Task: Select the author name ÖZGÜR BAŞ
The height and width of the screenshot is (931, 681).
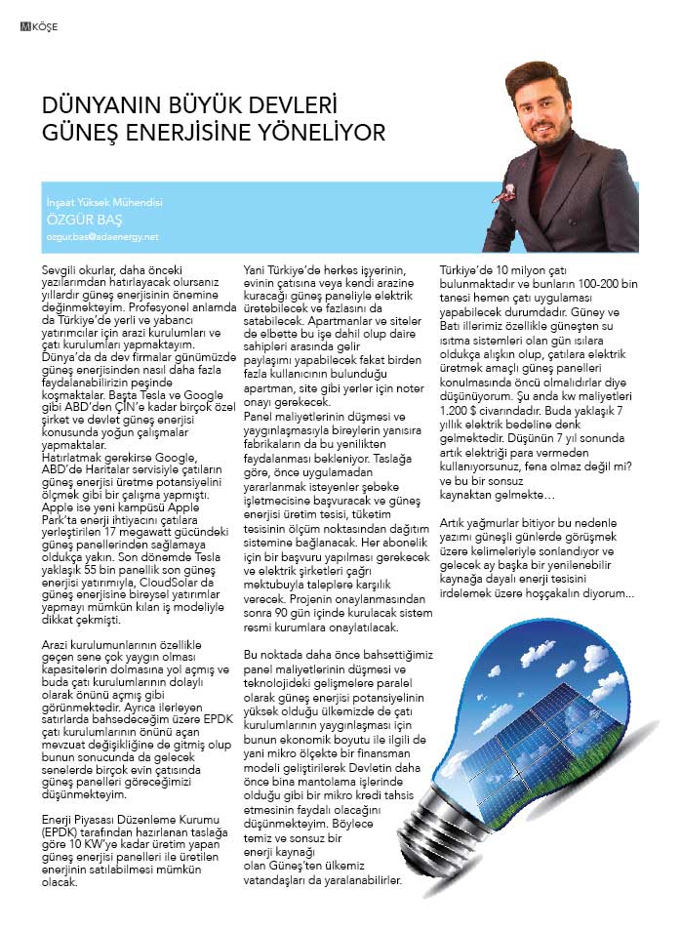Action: [76, 220]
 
